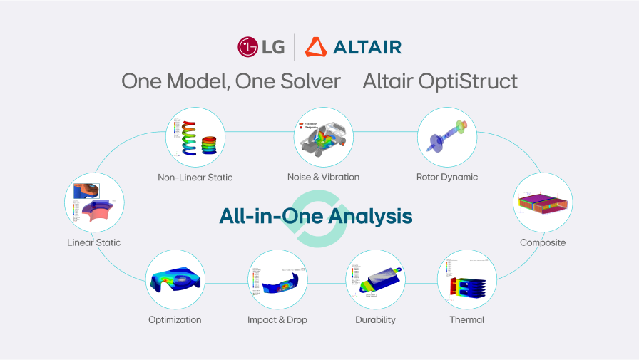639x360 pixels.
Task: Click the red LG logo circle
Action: (x=248, y=47)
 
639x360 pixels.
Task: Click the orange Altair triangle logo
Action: (x=316, y=47)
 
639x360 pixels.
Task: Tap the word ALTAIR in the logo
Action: (x=367, y=48)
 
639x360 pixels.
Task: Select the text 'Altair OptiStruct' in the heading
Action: (x=440, y=81)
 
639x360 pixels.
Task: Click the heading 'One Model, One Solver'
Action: (x=231, y=81)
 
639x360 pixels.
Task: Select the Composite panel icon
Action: (x=543, y=202)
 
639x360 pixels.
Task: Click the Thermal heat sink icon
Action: (x=466, y=279)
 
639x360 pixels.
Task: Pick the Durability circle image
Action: (x=375, y=279)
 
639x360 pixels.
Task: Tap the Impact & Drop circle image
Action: (x=277, y=279)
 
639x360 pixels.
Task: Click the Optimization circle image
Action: (x=175, y=279)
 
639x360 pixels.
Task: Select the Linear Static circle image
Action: (x=94, y=202)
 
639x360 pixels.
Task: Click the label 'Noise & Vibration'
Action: (x=323, y=177)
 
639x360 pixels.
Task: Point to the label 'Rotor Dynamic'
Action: (x=447, y=177)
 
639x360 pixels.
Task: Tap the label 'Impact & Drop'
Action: (x=277, y=319)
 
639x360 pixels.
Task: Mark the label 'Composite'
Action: (x=543, y=242)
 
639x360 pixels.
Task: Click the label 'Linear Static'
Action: (x=94, y=242)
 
